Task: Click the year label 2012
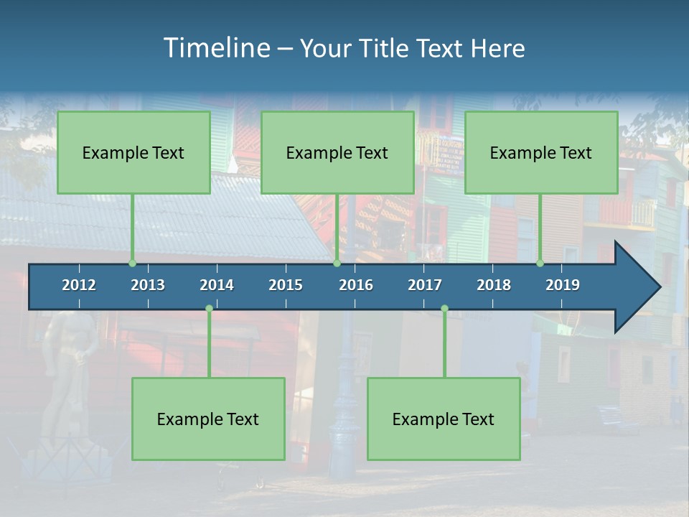(79, 285)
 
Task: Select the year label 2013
(148, 285)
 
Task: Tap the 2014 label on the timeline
(217, 285)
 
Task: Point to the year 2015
(286, 285)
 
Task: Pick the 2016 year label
(356, 285)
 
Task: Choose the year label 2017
(425, 285)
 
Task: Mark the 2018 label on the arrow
(494, 285)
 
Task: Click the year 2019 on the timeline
(563, 285)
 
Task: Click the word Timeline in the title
(215, 48)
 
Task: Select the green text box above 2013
(133, 152)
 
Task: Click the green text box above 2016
(337, 152)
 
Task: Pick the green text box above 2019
(541, 152)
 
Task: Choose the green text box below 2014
(208, 419)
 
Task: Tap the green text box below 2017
(444, 419)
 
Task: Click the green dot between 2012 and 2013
(133, 264)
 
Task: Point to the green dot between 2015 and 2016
(337, 264)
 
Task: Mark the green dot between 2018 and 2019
(540, 264)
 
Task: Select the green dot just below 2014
(209, 309)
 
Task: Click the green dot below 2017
(444, 309)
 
